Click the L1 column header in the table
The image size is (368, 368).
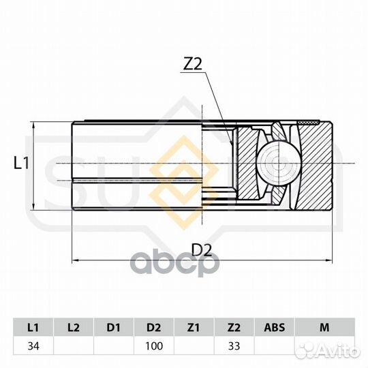pyautogui.click(x=33, y=327)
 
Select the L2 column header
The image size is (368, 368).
pyautogui.click(x=74, y=327)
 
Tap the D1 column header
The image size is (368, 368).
pyautogui.click(x=114, y=327)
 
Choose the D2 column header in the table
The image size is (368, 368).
pyautogui.click(x=154, y=327)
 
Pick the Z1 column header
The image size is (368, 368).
pyautogui.click(x=194, y=327)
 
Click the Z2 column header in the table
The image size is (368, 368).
pyautogui.click(x=234, y=327)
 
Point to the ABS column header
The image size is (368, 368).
pyautogui.click(x=274, y=327)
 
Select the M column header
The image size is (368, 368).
pyautogui.click(x=324, y=327)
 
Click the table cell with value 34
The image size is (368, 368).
pyautogui.click(x=33, y=346)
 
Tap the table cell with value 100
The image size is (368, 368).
pyautogui.click(x=154, y=346)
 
